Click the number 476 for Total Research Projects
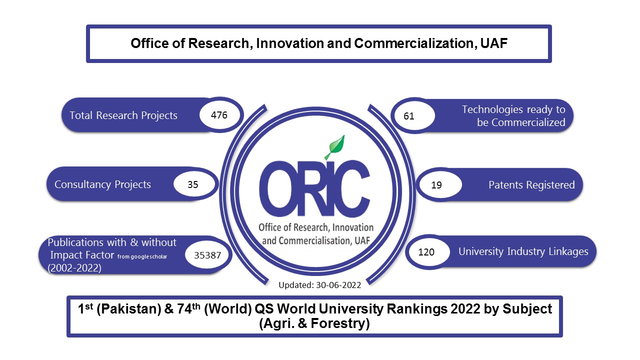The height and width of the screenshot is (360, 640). click(219, 115)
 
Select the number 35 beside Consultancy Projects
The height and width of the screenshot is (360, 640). click(192, 184)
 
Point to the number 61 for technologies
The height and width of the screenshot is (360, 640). click(409, 116)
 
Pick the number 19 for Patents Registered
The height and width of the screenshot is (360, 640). click(436, 185)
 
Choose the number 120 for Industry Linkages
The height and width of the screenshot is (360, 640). click(426, 252)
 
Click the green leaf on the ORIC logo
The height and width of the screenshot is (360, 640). click(335, 146)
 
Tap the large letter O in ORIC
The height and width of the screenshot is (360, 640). click(279, 186)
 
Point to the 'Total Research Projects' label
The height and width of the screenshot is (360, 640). click(123, 115)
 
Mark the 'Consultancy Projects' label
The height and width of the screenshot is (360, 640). click(102, 184)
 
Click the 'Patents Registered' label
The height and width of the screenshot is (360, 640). click(531, 185)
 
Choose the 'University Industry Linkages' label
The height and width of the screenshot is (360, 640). click(523, 251)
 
